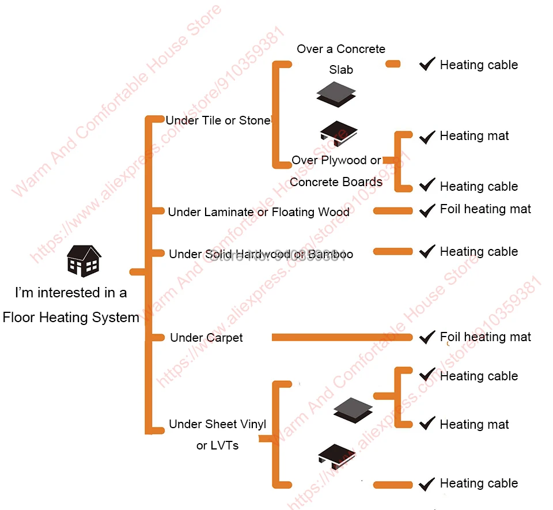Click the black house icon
84,260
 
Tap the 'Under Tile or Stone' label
218,120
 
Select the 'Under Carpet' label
206,338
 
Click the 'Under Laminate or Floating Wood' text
259,212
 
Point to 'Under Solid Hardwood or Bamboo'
261,254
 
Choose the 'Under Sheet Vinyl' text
217,425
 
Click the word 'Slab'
341,70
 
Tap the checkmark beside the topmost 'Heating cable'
427,64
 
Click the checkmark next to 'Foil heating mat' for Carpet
427,337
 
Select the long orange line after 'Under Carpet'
342,337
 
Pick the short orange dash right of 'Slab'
393,65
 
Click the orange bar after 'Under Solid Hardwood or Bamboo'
393,251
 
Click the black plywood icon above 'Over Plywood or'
338,134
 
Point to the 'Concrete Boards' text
336,182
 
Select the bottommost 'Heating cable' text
479,483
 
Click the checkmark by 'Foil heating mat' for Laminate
427,210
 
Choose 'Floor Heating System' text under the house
71,318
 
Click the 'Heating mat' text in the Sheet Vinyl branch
474,425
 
